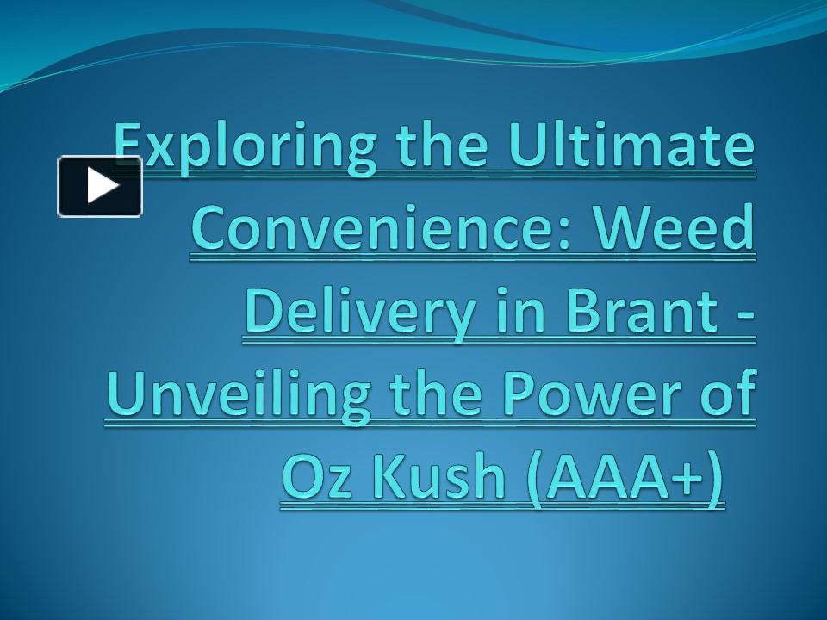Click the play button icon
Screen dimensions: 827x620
(x=100, y=186)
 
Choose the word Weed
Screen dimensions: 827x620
(x=673, y=227)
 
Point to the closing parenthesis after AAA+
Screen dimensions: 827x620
(x=716, y=480)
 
